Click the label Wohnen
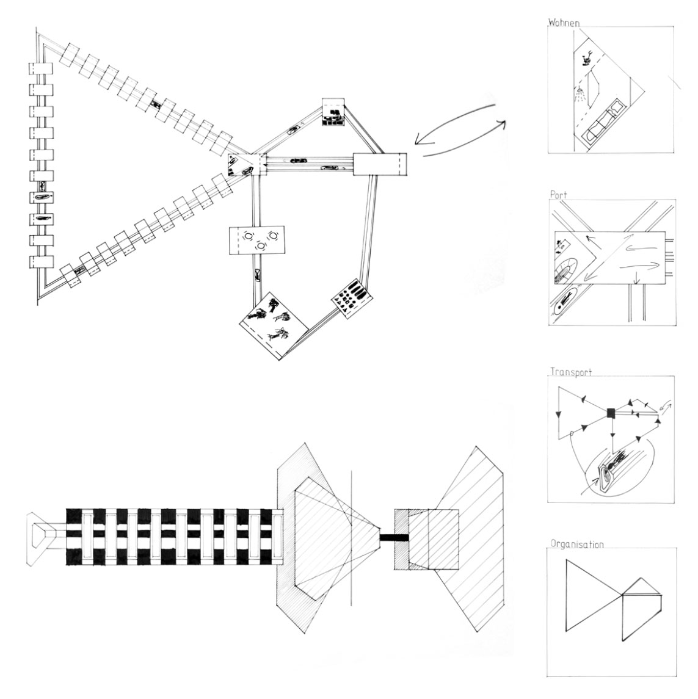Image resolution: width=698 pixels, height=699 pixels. coord(564,23)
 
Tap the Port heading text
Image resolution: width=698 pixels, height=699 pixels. coord(558,195)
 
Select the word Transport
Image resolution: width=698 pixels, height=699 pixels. coord(571,371)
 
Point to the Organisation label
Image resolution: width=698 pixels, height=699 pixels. coord(577,543)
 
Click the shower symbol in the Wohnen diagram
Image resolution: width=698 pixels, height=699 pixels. coord(581,94)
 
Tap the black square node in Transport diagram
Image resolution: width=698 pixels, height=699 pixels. coord(611,414)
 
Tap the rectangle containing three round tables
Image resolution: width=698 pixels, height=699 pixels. coord(257,240)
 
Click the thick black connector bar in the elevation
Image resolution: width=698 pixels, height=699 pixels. coord(385,537)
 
